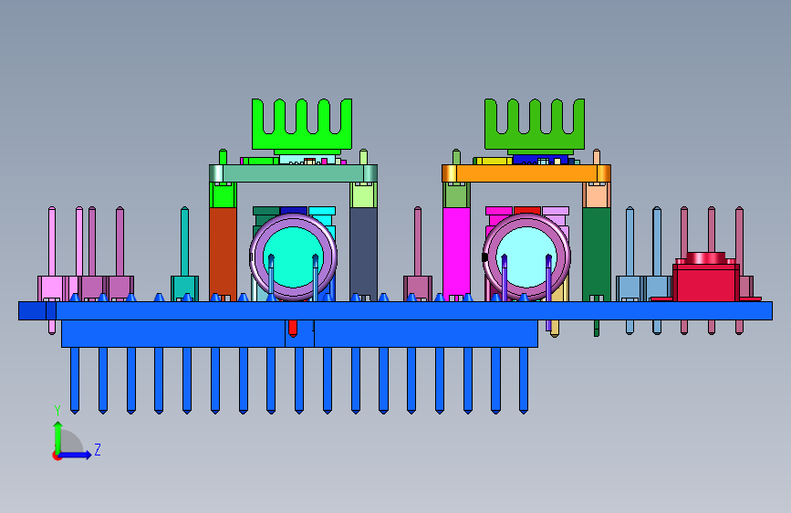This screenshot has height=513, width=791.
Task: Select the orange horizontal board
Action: click(526, 173)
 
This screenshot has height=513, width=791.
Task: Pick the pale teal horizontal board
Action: click(293, 173)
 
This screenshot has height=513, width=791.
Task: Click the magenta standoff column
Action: click(456, 254)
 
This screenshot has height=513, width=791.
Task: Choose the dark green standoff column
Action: click(597, 254)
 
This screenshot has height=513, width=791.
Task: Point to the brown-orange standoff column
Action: click(223, 254)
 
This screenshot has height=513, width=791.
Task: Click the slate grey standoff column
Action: click(363, 254)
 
